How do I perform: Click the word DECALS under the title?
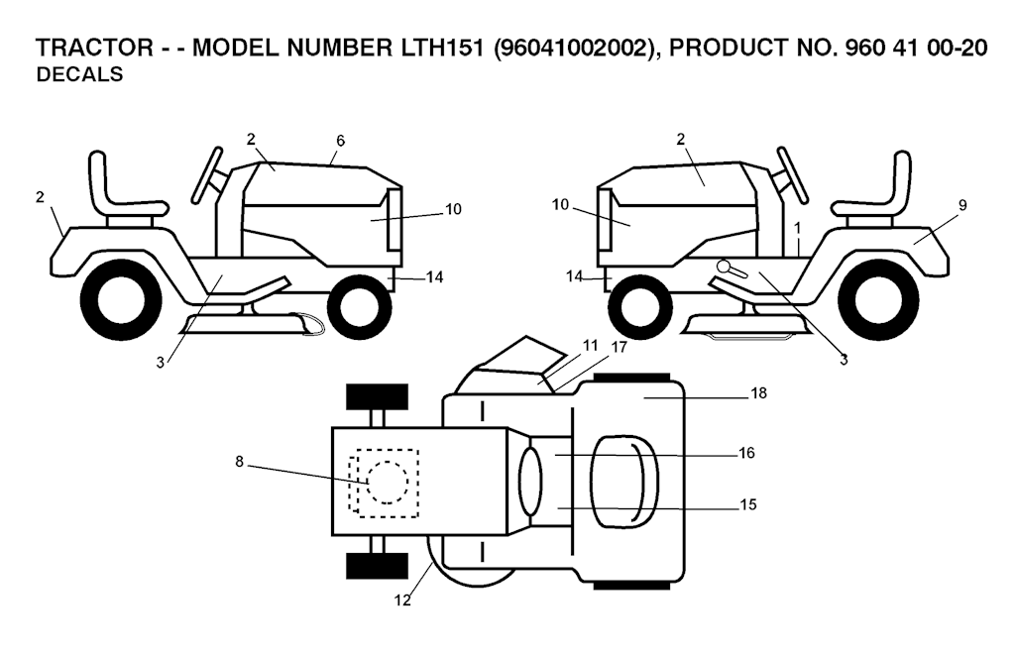click(79, 74)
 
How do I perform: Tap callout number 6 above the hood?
click(341, 141)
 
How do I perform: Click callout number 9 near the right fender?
click(962, 205)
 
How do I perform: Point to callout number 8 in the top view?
click(239, 462)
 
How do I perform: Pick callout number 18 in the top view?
click(758, 392)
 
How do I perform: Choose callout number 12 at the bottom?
click(402, 600)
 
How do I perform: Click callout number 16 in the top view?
click(747, 453)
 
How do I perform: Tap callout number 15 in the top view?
click(747, 504)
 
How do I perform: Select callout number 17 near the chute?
click(619, 348)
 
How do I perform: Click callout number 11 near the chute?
click(591, 346)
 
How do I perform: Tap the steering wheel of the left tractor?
click(209, 175)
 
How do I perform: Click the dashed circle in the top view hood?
click(388, 482)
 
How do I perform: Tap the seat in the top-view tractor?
click(625, 481)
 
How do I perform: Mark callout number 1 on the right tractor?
click(798, 228)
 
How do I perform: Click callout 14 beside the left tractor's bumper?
click(435, 276)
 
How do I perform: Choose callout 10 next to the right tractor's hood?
click(560, 204)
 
